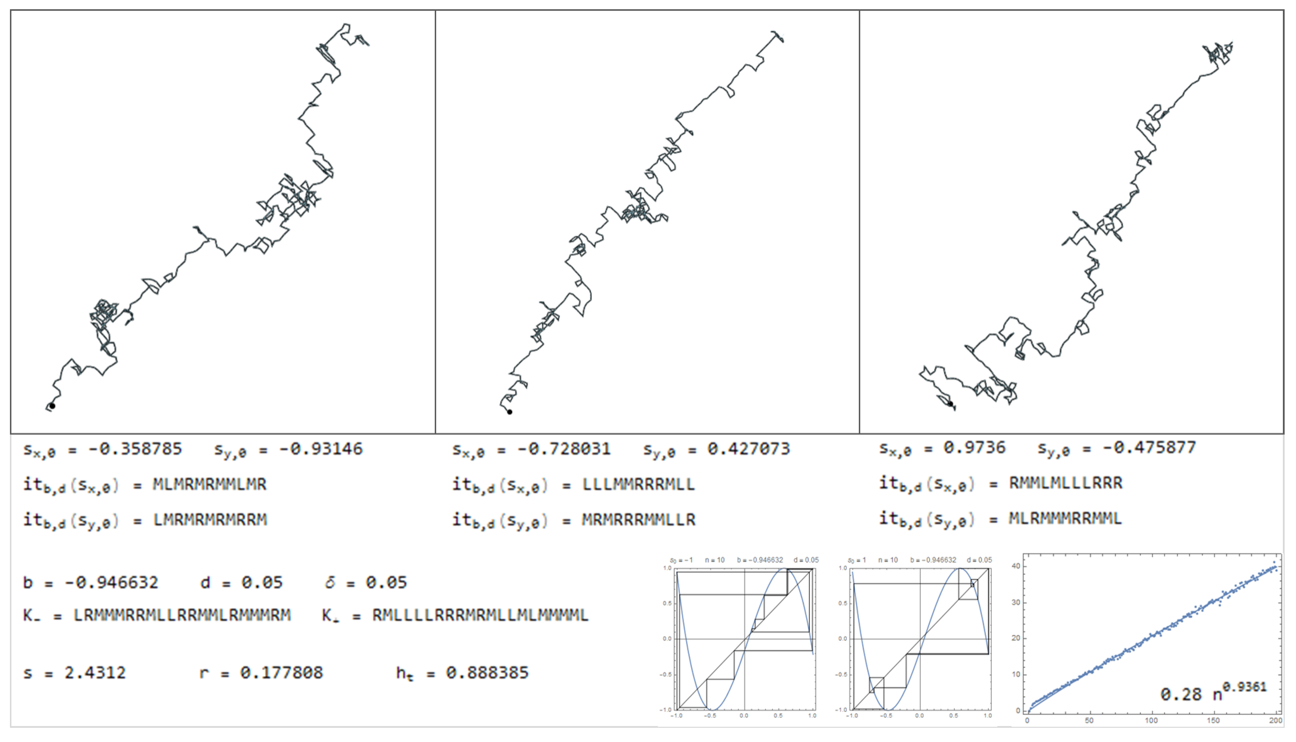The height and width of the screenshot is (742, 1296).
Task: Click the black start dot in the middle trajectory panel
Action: (x=509, y=412)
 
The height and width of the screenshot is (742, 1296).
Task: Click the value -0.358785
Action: (x=135, y=449)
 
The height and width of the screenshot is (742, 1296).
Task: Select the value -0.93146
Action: (x=321, y=449)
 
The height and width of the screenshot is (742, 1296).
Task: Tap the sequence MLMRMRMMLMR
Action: (x=210, y=484)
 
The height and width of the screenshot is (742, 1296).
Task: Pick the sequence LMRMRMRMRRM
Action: (x=210, y=520)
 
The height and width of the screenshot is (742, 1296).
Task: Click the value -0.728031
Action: (x=564, y=449)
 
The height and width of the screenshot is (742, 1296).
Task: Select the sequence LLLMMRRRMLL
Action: (x=638, y=484)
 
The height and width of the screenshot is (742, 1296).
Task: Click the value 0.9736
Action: (x=974, y=448)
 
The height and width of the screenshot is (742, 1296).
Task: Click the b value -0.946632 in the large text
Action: (x=112, y=583)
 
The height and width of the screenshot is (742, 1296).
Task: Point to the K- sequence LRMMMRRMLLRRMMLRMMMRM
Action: (x=182, y=615)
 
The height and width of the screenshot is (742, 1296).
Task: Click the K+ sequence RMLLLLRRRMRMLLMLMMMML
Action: (x=480, y=615)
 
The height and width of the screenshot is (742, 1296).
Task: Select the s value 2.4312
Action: (x=95, y=673)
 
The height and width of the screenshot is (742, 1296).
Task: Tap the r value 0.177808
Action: (x=281, y=673)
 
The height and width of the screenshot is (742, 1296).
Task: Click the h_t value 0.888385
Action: (x=487, y=673)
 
